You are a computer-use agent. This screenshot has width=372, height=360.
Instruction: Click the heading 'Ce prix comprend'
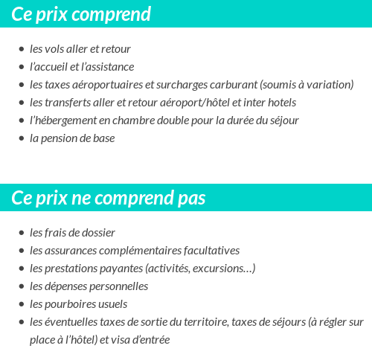point(81,14)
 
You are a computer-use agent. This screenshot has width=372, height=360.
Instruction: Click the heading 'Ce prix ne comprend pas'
point(109,199)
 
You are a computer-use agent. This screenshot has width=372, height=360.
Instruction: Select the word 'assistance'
point(111,67)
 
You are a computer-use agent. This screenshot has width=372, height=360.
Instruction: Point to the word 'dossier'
point(97,233)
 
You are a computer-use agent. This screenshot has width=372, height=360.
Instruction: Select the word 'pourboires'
point(72,304)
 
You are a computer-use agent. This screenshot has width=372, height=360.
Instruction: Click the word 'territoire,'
point(204,322)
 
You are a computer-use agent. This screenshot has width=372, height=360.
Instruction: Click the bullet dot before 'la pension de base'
point(21,138)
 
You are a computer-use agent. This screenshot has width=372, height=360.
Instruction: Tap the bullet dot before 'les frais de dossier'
point(21,233)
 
